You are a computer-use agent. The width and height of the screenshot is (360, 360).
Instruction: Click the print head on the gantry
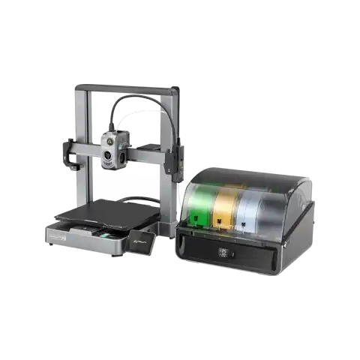click(112, 149)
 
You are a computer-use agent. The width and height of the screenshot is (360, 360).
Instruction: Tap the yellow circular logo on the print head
click(109, 139)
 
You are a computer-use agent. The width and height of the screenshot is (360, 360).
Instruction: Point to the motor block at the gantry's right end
click(175, 157)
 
